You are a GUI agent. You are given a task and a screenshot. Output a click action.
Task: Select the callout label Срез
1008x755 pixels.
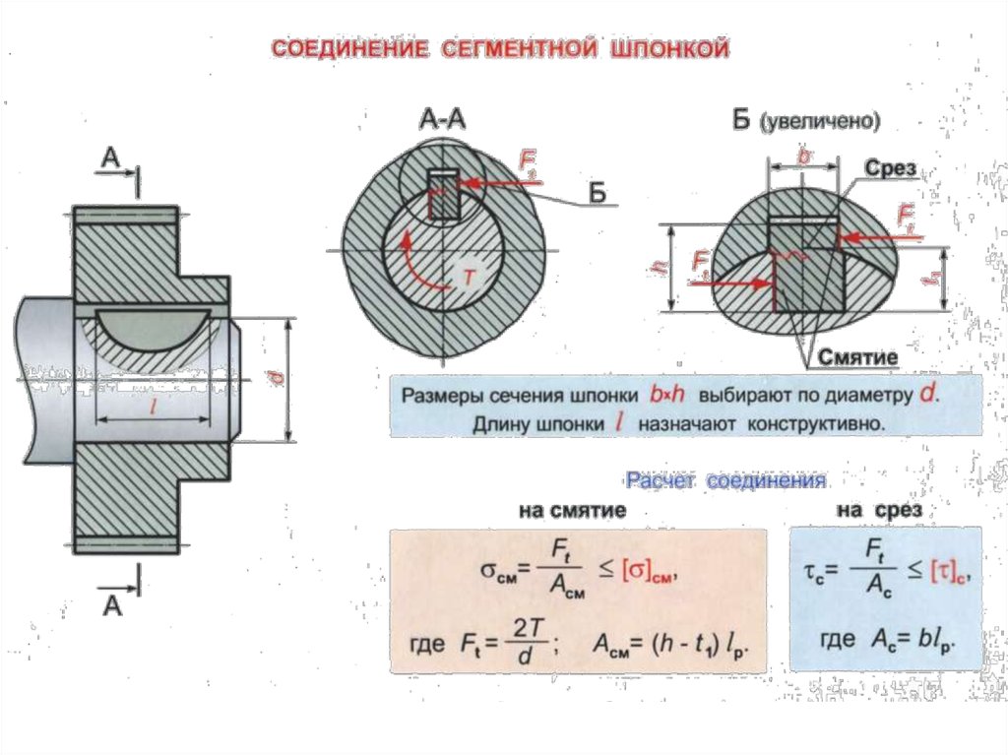tap(892, 169)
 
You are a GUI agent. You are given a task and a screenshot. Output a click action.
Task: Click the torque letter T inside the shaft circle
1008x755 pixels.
tap(469, 279)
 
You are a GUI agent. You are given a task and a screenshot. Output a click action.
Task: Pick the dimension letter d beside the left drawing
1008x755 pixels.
tap(266, 379)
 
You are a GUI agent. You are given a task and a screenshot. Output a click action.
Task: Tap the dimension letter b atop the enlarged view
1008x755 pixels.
tap(803, 157)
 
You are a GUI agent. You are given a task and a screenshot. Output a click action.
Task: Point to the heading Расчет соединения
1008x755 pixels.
tap(726, 481)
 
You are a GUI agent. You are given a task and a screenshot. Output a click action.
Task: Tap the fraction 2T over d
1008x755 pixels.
tap(523, 643)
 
